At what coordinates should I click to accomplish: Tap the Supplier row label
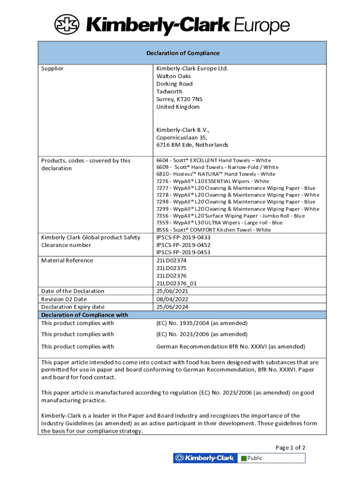[x=52, y=69]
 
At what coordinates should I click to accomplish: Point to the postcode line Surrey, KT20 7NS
[x=180, y=99]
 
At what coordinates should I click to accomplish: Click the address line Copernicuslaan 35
[x=181, y=138]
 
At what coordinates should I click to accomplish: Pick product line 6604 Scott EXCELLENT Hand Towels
[x=213, y=160]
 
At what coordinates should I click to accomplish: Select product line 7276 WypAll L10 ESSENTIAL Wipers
[x=213, y=181]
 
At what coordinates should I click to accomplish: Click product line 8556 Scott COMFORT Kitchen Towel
[x=213, y=230]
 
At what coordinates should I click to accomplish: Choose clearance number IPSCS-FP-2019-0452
[x=183, y=245]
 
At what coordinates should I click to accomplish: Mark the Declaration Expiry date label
[x=72, y=307]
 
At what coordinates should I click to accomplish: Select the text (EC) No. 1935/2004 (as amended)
[x=202, y=323]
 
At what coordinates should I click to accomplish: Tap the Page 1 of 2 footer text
[x=290, y=448]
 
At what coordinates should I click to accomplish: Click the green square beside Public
[x=244, y=458]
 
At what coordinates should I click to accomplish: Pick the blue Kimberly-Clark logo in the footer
[x=205, y=458]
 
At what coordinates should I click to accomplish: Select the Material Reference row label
[x=67, y=261]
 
